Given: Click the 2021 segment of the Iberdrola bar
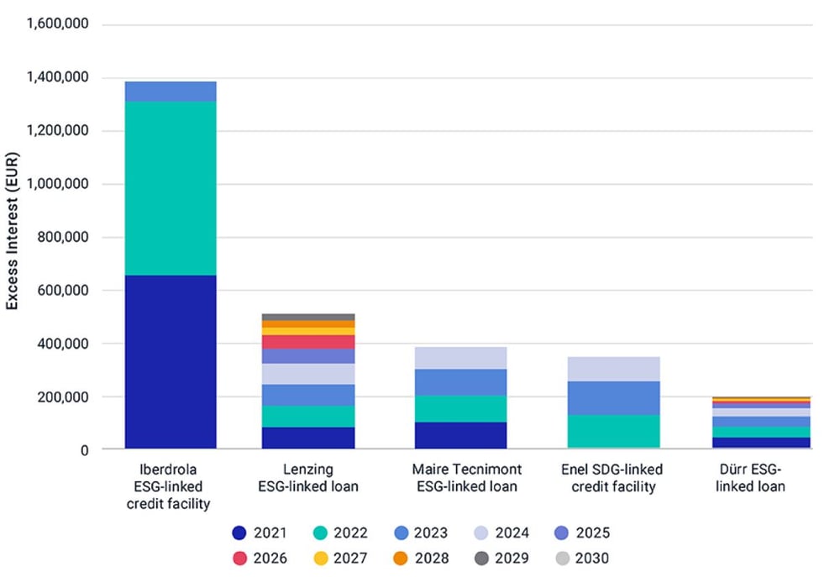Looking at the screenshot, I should [171, 361].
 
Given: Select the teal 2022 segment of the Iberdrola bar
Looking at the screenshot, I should [171, 188].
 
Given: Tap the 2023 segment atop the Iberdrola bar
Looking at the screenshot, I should [171, 91].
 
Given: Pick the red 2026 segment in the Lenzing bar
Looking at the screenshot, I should [308, 342].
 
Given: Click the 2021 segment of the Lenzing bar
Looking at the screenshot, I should [308, 438].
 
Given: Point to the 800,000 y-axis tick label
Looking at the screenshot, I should [64, 238].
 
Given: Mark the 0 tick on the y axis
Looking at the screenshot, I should [84, 450].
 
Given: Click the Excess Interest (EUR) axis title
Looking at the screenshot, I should [13, 238].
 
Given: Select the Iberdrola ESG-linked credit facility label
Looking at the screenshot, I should [171, 486].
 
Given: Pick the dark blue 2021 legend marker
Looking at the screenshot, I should [240, 532].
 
